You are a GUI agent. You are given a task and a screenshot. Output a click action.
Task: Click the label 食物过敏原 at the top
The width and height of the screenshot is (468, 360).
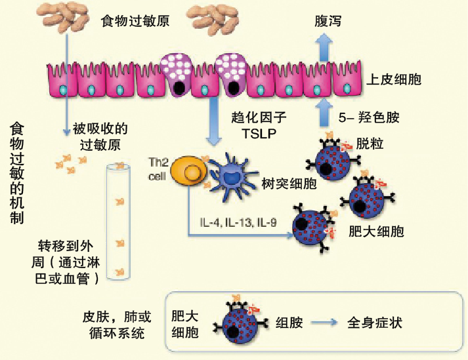(x=135, y=21)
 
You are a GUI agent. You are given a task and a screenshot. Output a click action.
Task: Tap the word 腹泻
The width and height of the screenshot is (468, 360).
(x=329, y=20)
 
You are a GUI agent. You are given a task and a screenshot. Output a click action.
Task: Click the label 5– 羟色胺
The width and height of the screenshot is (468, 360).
(x=369, y=117)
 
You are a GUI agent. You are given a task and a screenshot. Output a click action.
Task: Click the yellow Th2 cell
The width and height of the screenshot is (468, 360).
(x=189, y=172)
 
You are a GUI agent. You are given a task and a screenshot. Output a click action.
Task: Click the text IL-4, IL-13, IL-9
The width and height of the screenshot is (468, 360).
(x=238, y=222)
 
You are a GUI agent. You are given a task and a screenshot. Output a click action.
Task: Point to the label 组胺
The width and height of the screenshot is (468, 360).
(x=289, y=323)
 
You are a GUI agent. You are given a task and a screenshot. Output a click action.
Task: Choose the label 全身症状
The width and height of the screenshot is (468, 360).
(x=374, y=323)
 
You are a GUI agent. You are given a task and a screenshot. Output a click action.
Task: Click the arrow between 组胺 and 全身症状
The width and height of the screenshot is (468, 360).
(x=324, y=323)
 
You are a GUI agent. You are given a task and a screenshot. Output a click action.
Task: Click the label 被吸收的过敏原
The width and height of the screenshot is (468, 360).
(x=99, y=136)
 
